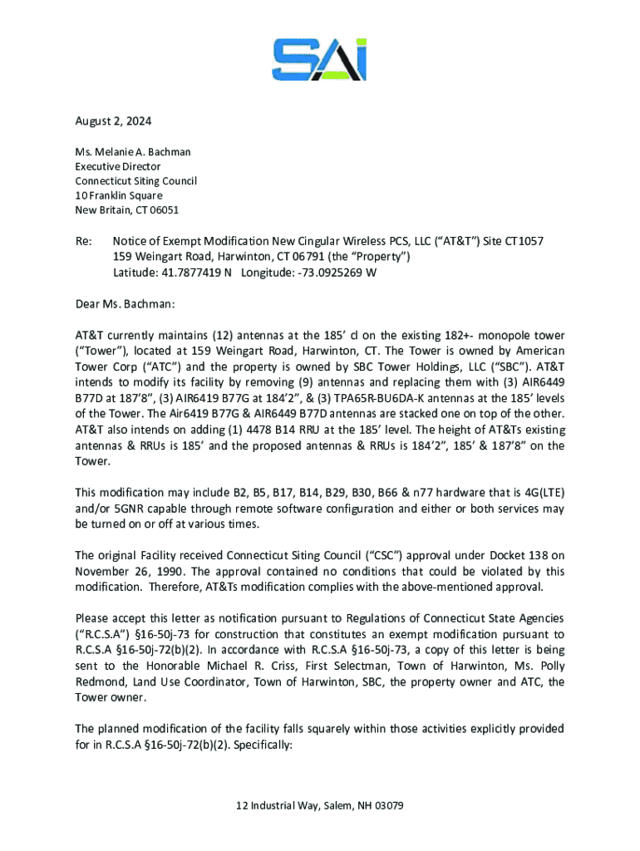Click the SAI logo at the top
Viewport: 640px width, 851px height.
coord(319,59)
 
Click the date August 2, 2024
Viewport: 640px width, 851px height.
coord(113,121)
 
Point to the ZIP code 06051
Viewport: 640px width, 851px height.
coord(164,209)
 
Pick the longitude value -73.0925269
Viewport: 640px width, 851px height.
coord(327,272)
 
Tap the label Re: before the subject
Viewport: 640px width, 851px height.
coord(83,241)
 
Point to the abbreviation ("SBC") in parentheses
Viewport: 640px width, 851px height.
coord(506,366)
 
